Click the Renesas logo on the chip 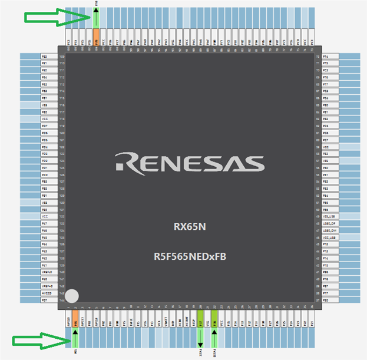(189, 162)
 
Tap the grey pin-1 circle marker (72, 296)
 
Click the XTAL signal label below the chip (200, 351)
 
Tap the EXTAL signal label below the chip (214, 351)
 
